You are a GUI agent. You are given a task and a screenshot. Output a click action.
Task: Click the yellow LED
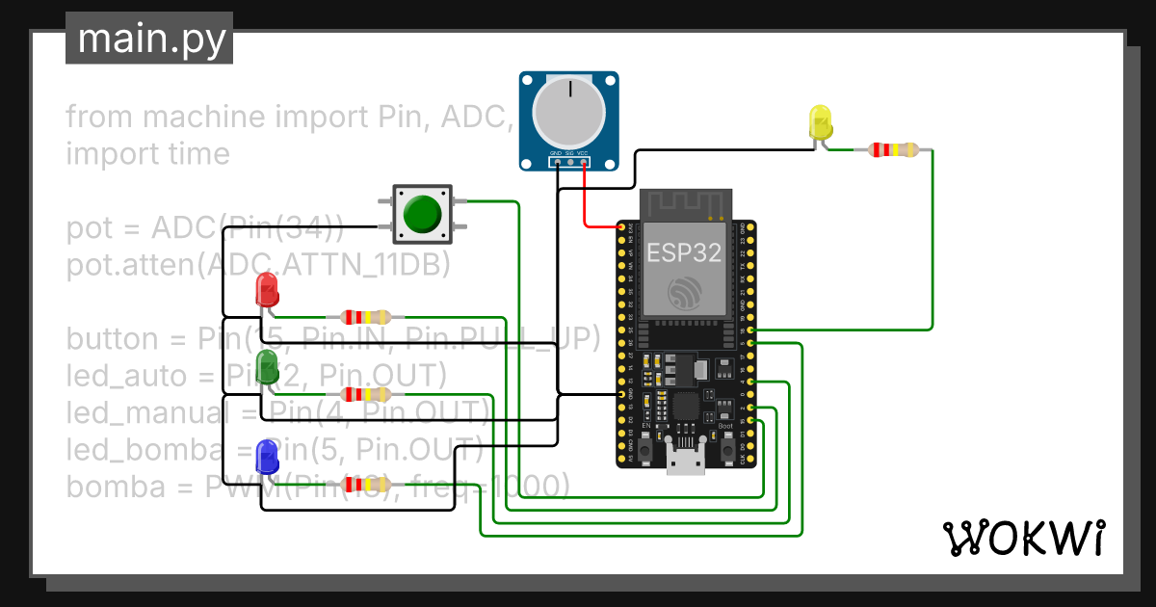point(820,121)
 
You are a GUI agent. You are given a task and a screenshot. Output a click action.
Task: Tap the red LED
point(266,290)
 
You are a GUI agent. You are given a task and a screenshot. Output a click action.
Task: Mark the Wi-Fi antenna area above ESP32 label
point(687,204)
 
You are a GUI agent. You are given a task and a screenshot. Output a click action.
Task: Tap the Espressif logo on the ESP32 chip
point(687,291)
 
